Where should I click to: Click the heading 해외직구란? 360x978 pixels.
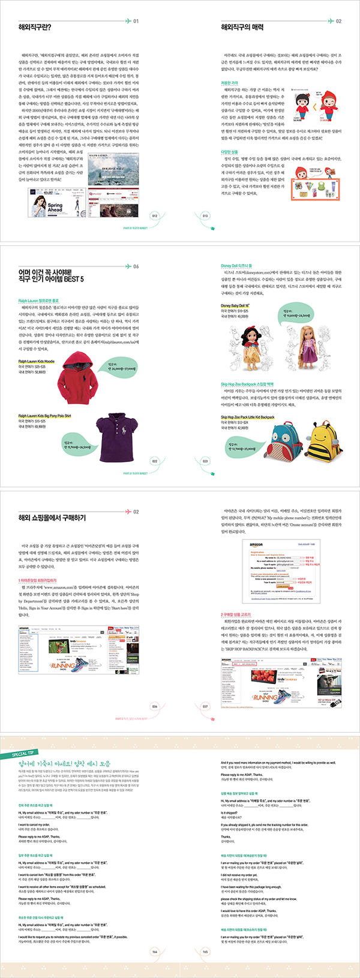pyautogui.click(x=35, y=28)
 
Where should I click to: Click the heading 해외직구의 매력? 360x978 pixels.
pyautogui.click(x=242, y=28)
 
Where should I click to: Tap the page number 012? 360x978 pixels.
pyautogui.click(x=155, y=216)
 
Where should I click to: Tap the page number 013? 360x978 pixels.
pyautogui.click(x=205, y=216)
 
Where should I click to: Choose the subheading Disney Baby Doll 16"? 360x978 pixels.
pyautogui.click(x=235, y=306)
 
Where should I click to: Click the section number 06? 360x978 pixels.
pyautogui.click(x=136, y=266)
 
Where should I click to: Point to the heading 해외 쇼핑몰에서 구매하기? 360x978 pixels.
pyautogui.click(x=52, y=518)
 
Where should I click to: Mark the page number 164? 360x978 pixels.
pyautogui.click(x=154, y=952)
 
